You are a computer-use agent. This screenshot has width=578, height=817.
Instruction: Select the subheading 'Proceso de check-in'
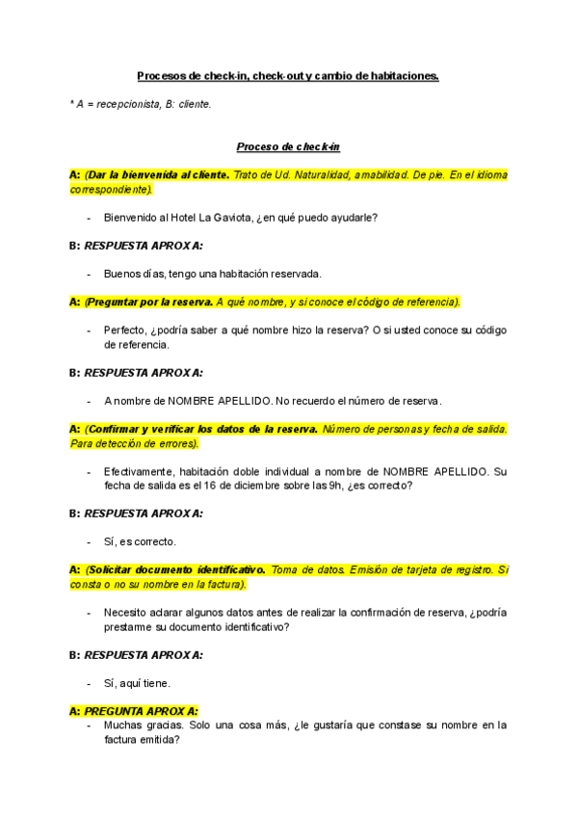point(288,146)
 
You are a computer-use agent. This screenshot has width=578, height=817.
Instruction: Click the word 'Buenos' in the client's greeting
point(122,274)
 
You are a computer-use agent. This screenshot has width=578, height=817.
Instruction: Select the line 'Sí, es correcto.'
point(140,541)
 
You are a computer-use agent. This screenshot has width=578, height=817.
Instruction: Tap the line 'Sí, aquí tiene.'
point(138,683)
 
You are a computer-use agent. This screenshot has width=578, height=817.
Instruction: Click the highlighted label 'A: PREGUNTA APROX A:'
point(134,711)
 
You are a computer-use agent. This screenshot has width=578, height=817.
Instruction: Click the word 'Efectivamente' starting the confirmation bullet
point(136,472)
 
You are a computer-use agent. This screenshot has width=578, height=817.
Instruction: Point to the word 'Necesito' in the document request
point(124,613)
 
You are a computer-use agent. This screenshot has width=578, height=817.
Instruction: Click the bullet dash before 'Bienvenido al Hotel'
point(89,218)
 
